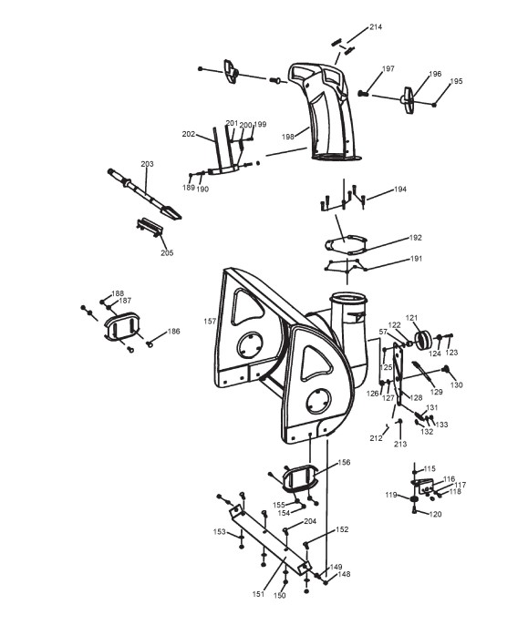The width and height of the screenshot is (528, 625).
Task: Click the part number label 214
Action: tap(376, 27)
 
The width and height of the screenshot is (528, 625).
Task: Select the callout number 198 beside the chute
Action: tap(288, 137)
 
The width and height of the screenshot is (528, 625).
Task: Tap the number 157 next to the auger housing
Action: tap(210, 322)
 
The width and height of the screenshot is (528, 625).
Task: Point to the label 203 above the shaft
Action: tap(147, 164)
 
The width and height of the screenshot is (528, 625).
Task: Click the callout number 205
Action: tap(167, 252)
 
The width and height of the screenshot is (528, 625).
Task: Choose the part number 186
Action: tap(173, 332)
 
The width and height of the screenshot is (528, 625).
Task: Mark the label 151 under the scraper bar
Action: tap(259, 594)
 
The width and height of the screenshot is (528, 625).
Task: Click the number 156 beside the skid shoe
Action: tap(344, 463)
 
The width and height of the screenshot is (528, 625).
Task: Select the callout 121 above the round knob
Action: tap(411, 318)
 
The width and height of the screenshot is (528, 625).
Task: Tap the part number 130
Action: tap(456, 385)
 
